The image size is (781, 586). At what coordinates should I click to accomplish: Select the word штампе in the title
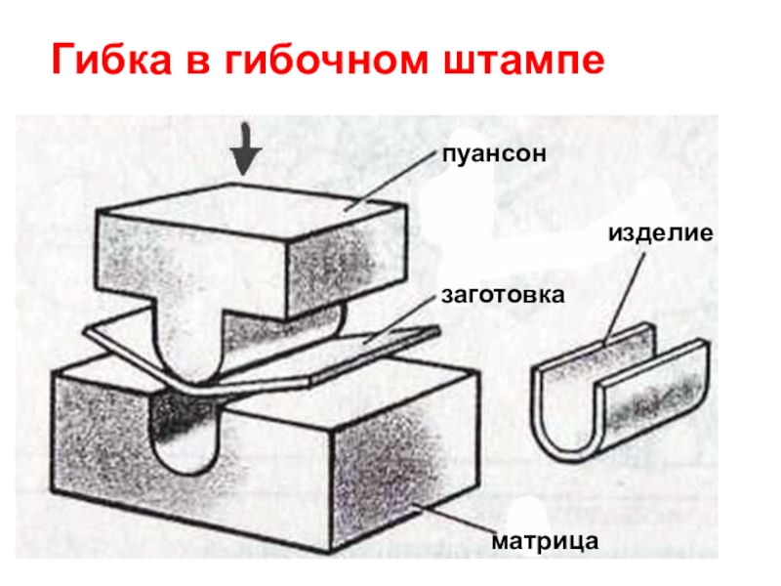click(x=527, y=62)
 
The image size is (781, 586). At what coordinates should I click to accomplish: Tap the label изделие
click(x=661, y=234)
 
